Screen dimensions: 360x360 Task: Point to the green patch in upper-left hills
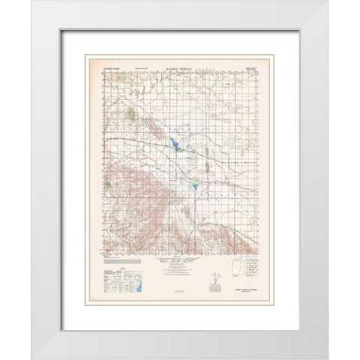tap(131, 114)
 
